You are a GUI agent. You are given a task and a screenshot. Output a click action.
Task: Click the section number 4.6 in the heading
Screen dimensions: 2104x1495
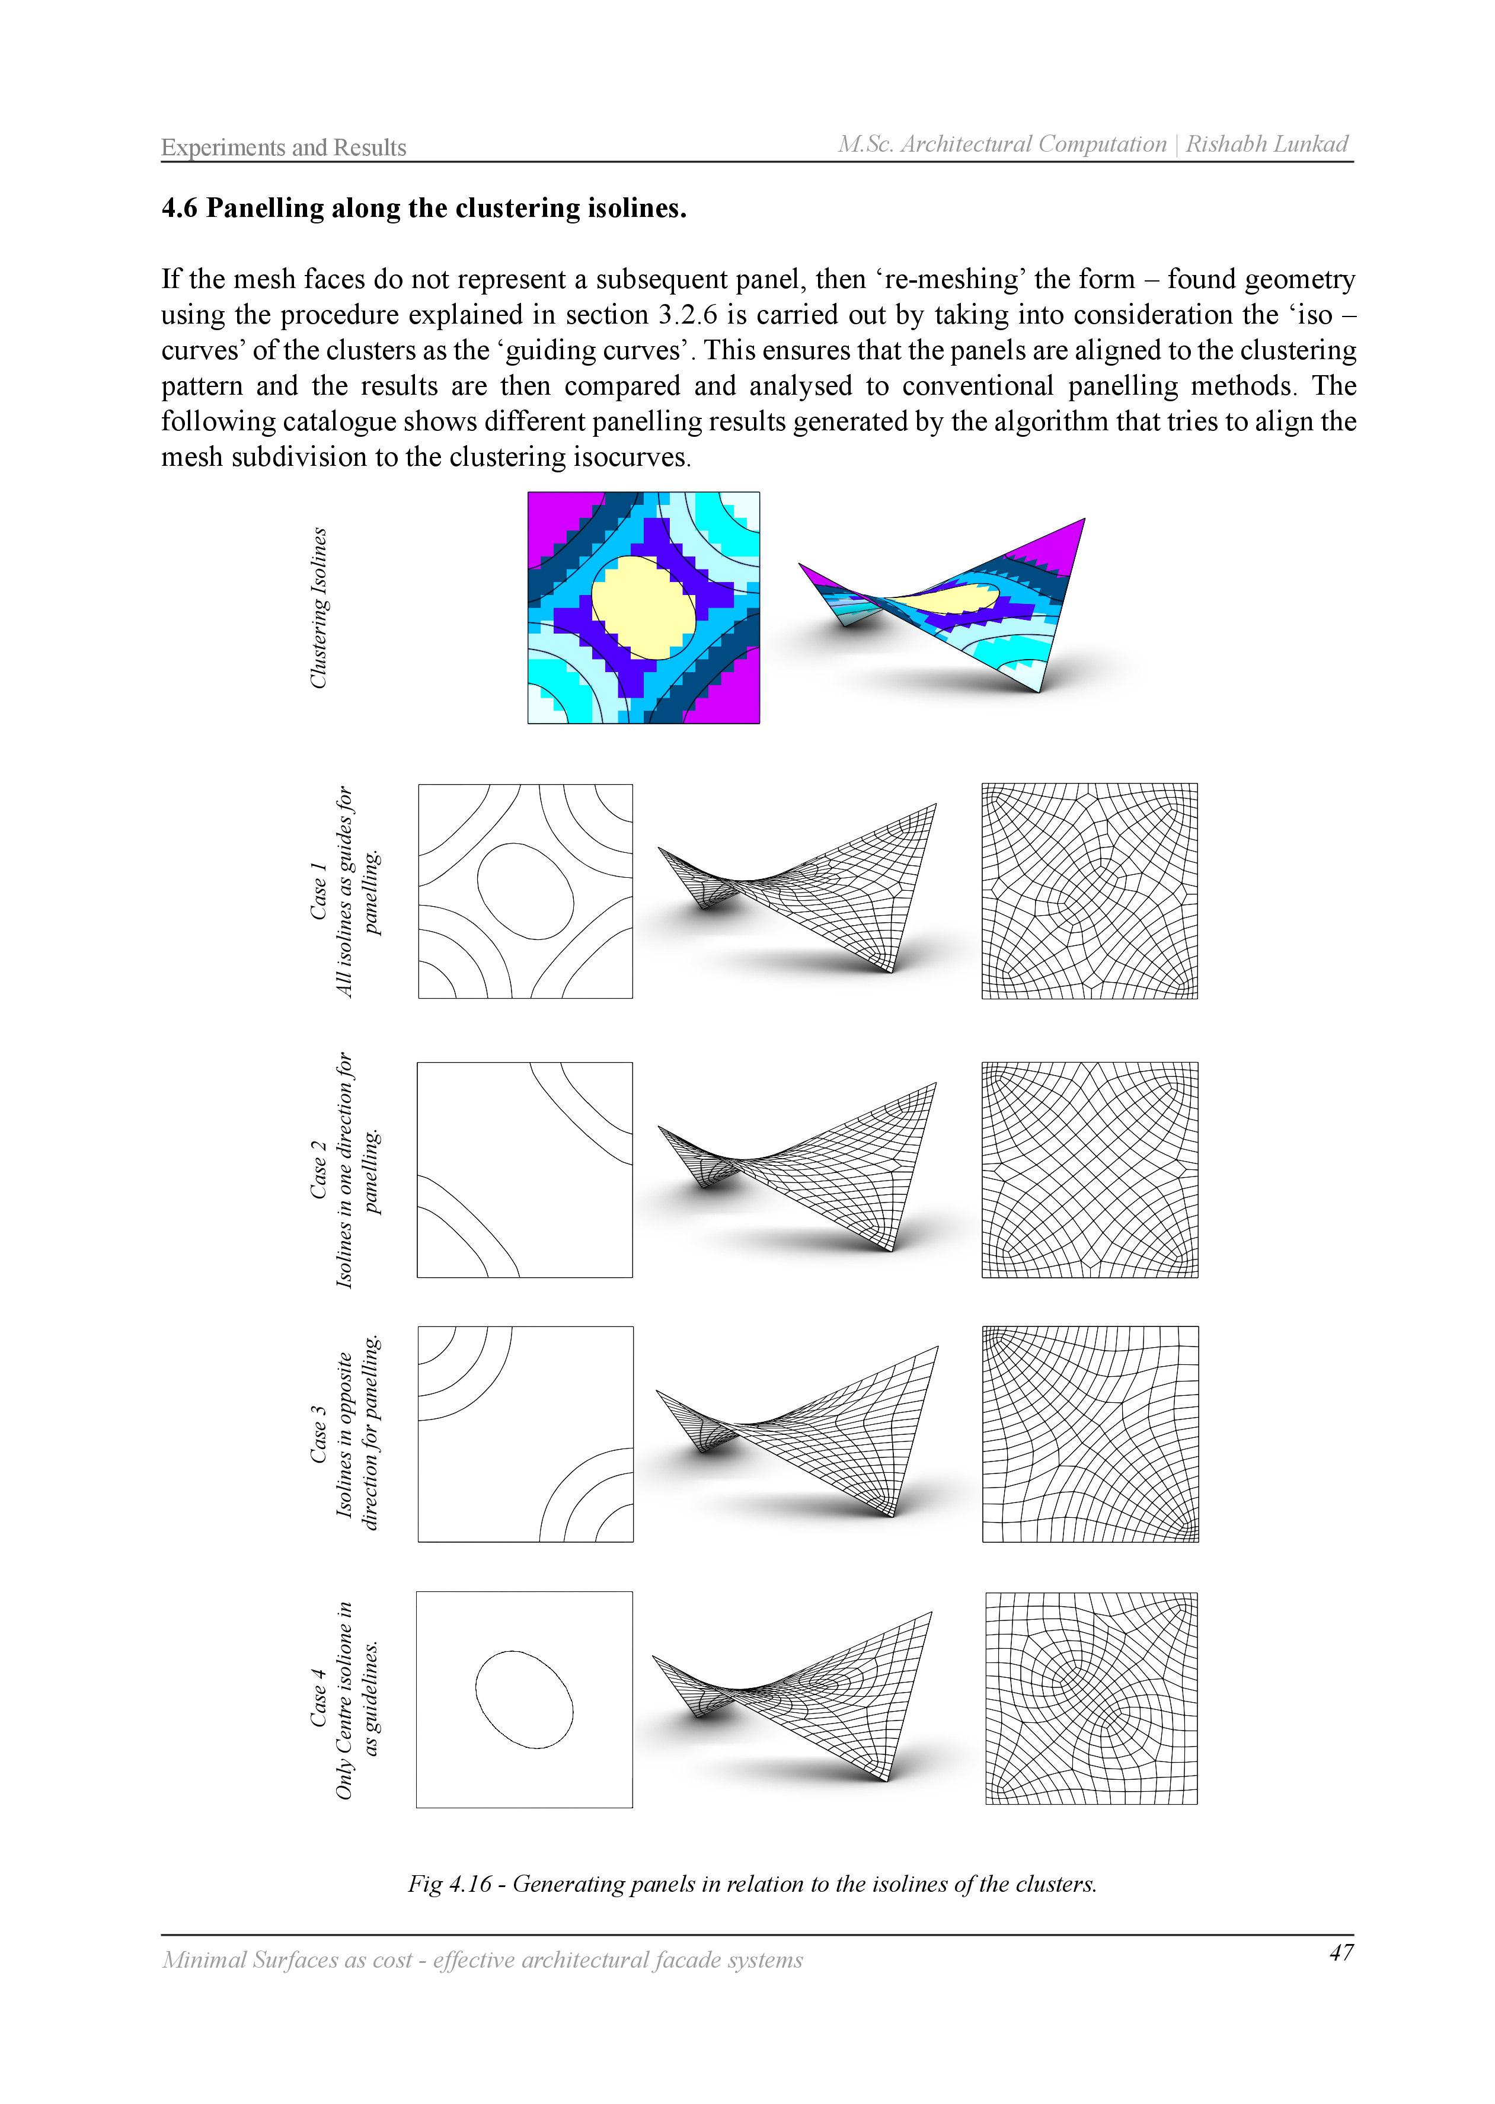pos(180,209)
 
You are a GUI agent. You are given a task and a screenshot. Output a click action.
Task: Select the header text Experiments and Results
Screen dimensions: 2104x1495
pos(283,147)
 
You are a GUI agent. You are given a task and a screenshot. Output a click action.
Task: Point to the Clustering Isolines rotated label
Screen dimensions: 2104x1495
pos(318,607)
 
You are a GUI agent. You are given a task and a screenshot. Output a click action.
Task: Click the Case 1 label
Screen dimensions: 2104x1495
pos(318,891)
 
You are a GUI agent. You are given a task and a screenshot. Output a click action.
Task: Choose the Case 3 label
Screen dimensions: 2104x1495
pos(318,1434)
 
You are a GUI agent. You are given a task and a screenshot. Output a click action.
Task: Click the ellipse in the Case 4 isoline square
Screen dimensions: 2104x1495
pos(524,1699)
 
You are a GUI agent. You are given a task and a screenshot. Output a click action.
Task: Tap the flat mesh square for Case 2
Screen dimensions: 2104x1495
pos(1090,1170)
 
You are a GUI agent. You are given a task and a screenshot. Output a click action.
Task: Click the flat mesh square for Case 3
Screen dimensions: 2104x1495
pos(1090,1434)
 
